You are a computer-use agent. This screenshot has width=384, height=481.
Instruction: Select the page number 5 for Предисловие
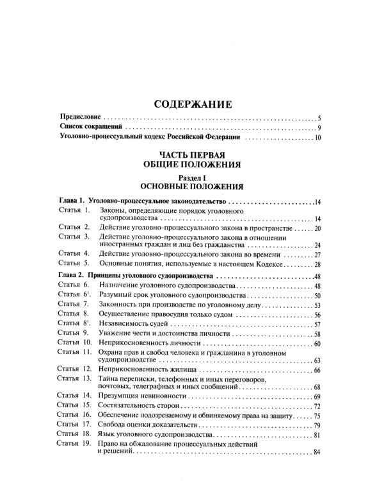tap(318, 119)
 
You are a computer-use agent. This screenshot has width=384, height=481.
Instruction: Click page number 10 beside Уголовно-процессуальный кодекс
tap(316, 139)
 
